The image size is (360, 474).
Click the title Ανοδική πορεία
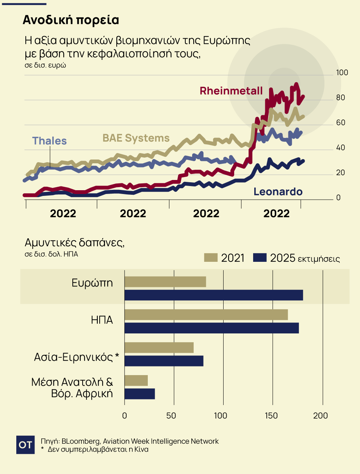click(x=71, y=20)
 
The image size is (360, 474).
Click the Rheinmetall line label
click(x=231, y=91)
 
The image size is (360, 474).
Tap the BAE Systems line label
click(x=136, y=138)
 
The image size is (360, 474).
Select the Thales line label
click(x=50, y=141)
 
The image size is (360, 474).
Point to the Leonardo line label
click(x=278, y=192)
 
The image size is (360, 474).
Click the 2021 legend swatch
click(x=210, y=258)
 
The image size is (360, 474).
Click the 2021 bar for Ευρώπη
click(x=165, y=282)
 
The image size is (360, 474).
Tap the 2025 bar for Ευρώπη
click(x=214, y=295)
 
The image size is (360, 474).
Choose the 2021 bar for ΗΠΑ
click(x=206, y=315)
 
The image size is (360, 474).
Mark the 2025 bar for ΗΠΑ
click(x=211, y=328)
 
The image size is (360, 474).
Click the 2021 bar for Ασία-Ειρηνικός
click(x=159, y=347)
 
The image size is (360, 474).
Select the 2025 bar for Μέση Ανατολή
click(x=139, y=394)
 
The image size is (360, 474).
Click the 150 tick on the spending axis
click(x=274, y=415)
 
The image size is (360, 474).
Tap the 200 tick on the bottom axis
click(x=322, y=415)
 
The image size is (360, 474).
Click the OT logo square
click(x=26, y=445)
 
